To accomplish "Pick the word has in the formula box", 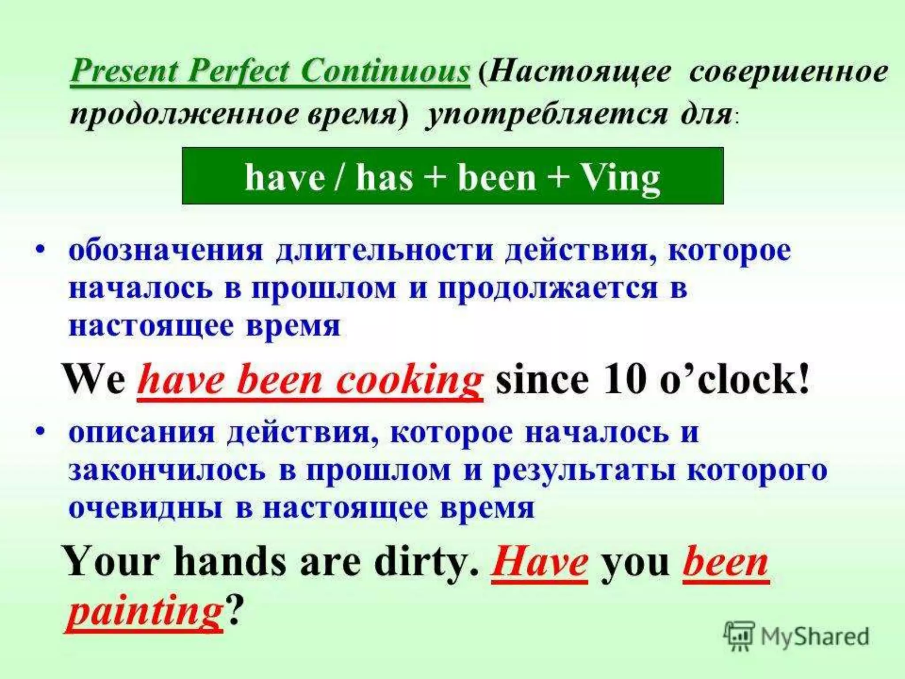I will coord(384,178).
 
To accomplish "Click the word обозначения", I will coord(166,251).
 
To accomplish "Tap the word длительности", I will coord(384,251).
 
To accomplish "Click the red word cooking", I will coord(409,381).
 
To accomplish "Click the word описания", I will coord(141,432).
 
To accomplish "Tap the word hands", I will coord(230,562).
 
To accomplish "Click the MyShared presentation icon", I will coord(739,636).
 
